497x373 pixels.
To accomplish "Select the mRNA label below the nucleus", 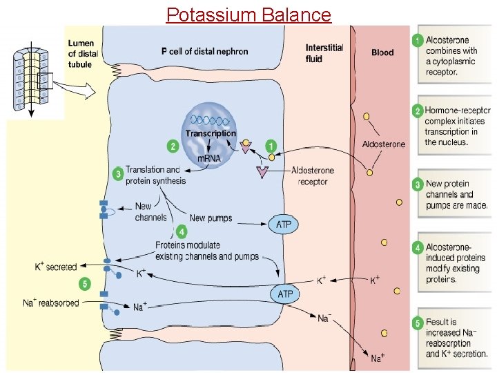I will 210,159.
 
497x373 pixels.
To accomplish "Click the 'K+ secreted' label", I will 56,267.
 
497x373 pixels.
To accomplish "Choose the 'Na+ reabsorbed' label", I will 51,303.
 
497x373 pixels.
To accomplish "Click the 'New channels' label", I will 151,211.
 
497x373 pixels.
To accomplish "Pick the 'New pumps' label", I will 211,218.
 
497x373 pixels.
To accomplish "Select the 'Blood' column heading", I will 383,52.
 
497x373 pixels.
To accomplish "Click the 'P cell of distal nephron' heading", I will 204,51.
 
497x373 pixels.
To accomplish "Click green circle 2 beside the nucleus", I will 173,146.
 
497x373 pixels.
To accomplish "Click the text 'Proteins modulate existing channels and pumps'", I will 207,251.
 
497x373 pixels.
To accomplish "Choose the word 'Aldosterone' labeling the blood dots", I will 384,144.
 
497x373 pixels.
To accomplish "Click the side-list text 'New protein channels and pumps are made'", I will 456,194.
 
